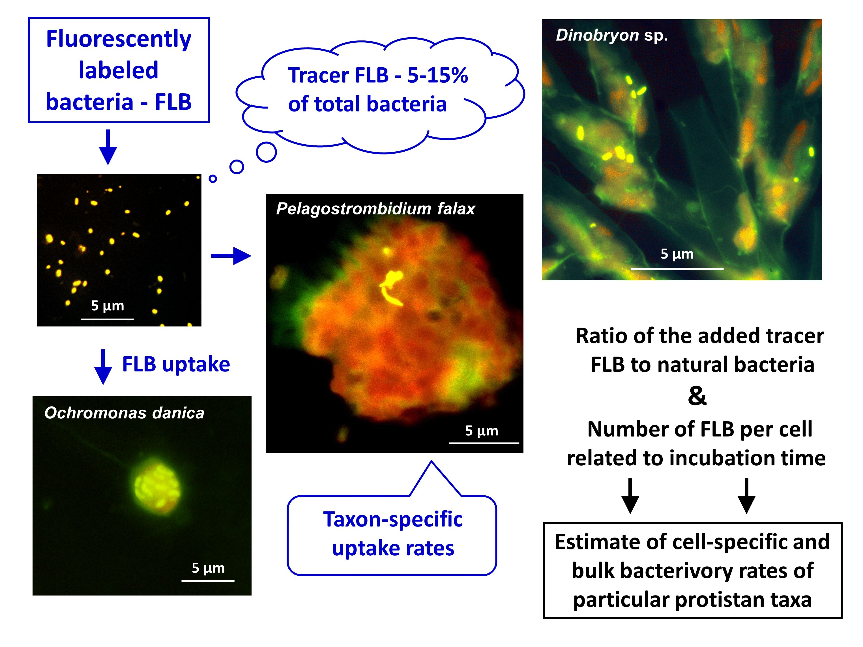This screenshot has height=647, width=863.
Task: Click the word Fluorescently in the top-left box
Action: point(119,39)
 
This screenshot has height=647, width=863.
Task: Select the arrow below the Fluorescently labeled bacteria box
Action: point(108,147)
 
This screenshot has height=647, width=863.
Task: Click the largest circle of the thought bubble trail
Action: point(267,152)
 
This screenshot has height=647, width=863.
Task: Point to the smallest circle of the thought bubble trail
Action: point(212,179)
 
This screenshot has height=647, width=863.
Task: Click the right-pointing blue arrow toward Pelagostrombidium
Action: point(231,256)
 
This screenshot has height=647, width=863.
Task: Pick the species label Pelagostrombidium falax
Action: point(376,209)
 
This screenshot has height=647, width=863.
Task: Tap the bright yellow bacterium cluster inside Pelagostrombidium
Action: point(391,287)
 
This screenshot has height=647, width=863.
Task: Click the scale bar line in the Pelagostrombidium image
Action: point(484,443)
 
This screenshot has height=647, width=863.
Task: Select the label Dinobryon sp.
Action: point(612,35)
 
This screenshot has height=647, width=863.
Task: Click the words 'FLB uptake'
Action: point(176,364)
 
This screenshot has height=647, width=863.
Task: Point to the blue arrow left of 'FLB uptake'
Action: point(103,367)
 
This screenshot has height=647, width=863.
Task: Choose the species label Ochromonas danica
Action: point(124,412)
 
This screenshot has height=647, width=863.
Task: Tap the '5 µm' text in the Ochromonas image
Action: point(208,568)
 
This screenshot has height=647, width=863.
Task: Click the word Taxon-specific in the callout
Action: point(393,520)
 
